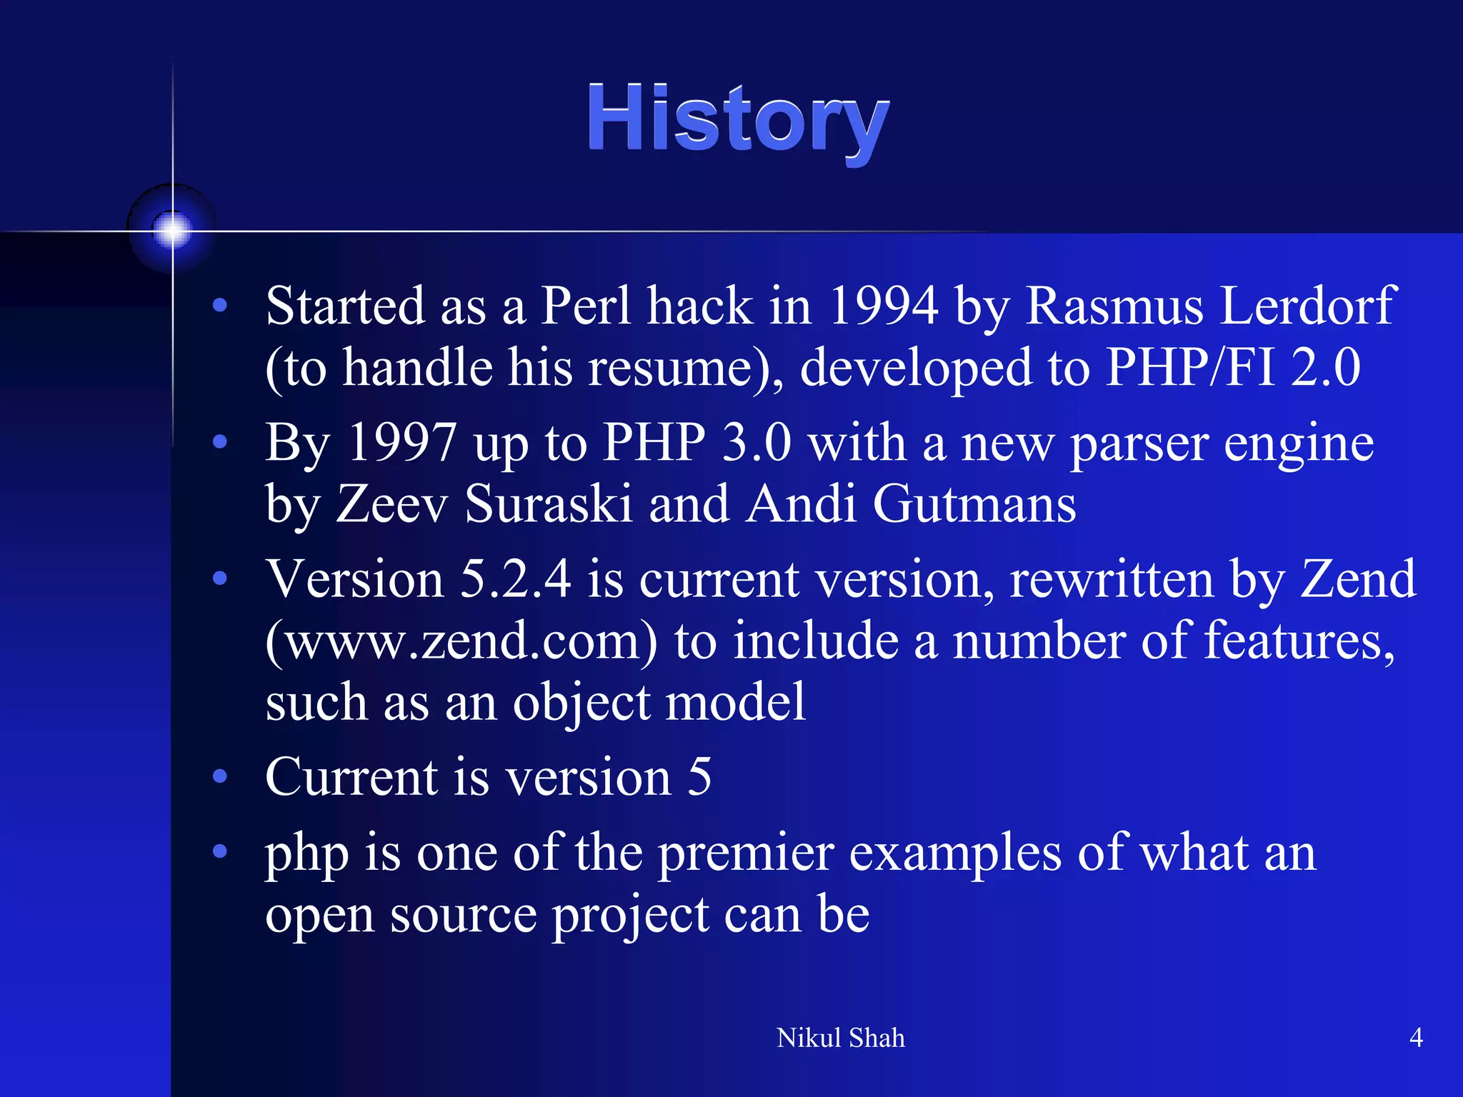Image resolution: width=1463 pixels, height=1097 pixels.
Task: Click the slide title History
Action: (738, 119)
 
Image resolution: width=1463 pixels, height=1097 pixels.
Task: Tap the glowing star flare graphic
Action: (172, 230)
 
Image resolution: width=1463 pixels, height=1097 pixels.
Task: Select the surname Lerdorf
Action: (1307, 306)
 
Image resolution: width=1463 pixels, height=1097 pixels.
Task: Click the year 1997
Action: (401, 443)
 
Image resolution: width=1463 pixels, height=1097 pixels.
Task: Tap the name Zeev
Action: (392, 504)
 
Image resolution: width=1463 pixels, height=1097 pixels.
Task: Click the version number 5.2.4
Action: (514, 578)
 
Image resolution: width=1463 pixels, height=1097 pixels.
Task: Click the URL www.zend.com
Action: (461, 641)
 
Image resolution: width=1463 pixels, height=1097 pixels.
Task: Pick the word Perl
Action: (585, 306)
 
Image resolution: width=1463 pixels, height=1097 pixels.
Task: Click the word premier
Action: (746, 853)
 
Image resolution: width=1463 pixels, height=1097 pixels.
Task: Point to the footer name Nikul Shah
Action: (840, 1038)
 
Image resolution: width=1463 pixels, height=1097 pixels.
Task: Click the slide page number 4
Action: (1415, 1037)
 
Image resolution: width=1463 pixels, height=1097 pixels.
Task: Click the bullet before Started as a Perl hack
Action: (220, 306)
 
